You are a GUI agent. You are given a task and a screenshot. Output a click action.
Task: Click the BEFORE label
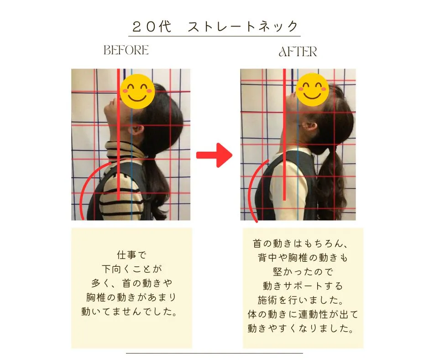(x=126, y=50)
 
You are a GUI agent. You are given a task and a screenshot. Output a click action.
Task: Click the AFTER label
(x=298, y=52)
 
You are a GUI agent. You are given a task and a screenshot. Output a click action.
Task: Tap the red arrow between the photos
(x=214, y=155)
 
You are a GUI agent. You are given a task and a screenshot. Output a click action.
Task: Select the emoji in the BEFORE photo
(x=137, y=91)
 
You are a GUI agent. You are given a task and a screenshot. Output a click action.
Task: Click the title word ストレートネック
(x=243, y=26)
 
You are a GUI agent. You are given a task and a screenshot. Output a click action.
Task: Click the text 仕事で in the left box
(x=131, y=254)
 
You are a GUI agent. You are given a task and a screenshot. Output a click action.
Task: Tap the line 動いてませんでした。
(x=131, y=313)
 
